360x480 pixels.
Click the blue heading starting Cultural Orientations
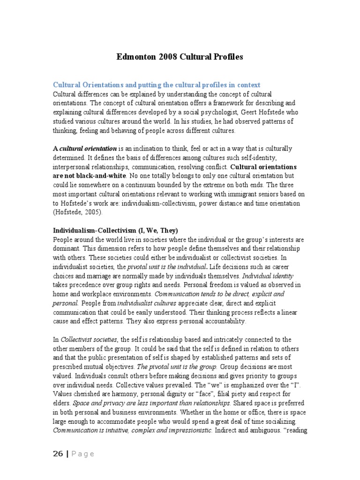pos(157,85)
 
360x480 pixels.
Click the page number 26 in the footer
pos(58,454)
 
